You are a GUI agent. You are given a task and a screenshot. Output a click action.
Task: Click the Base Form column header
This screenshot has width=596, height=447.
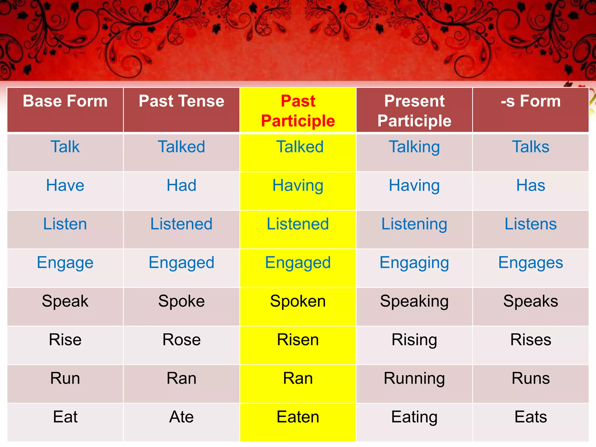65,101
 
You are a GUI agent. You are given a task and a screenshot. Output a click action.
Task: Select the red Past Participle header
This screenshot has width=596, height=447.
298,111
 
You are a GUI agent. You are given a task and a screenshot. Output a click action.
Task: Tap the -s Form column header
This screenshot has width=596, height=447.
531,101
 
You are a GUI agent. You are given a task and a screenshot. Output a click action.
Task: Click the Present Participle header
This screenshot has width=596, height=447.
414,111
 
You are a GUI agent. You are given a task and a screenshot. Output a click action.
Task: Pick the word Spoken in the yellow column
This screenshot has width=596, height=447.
298,301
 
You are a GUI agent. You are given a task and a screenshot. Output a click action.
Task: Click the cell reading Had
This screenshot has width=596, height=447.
181,185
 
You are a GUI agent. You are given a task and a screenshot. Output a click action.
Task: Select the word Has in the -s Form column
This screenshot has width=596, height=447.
531,185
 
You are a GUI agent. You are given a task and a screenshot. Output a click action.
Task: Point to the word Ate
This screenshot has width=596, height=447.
181,417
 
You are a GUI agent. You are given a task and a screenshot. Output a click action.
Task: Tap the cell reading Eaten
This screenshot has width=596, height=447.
298,417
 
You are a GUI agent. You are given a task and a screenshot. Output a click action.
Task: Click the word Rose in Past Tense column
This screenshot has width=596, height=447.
181,340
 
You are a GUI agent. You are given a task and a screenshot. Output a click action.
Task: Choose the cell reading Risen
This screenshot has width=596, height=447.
298,340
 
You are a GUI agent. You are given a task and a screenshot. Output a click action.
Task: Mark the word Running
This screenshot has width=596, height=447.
414,379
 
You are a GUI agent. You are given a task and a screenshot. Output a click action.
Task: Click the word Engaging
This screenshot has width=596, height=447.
414,263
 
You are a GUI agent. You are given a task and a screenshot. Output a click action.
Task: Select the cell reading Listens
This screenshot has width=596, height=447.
531,224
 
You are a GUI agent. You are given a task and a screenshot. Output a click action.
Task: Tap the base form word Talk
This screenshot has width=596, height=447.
65,147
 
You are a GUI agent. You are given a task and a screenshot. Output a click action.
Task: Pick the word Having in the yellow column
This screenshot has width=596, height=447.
298,186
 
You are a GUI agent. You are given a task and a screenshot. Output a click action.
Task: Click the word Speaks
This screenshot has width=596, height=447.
531,301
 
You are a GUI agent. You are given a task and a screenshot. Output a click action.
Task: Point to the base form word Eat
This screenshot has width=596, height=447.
65,417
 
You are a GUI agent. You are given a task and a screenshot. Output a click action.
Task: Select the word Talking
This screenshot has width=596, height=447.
414,147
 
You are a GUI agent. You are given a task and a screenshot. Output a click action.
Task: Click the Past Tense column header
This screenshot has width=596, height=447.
181,101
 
